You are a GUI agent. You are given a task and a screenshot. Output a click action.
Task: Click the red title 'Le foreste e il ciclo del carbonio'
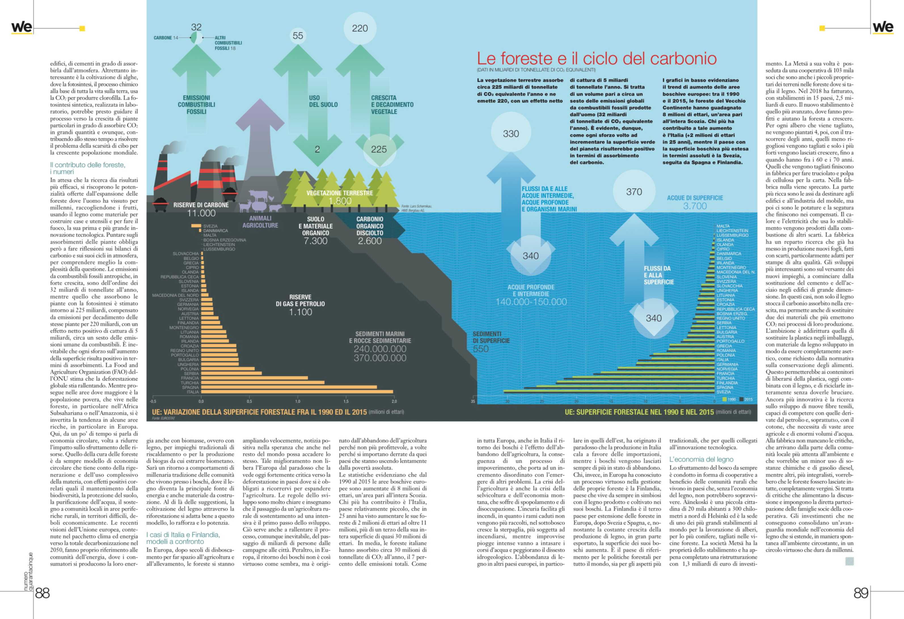point(597,58)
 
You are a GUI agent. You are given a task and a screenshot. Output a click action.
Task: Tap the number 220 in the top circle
point(360,28)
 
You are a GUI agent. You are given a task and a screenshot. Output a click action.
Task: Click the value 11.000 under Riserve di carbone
point(201,213)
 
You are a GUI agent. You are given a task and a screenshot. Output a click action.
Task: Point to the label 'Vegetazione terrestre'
point(340,193)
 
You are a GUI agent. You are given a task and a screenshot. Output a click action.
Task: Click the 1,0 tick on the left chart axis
point(297,401)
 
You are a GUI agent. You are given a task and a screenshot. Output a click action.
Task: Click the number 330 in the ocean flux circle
point(511,134)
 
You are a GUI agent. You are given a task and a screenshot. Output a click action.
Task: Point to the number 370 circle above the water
point(634,192)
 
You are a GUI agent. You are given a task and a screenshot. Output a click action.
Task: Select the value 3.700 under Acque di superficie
point(695,206)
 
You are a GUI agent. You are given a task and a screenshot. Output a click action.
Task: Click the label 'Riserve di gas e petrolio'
point(300,300)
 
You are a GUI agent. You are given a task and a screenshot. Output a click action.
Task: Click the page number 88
point(43,593)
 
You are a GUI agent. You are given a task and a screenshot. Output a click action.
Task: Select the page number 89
point(861,593)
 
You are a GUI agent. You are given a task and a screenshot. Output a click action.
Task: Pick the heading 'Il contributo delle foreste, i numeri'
point(88,168)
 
